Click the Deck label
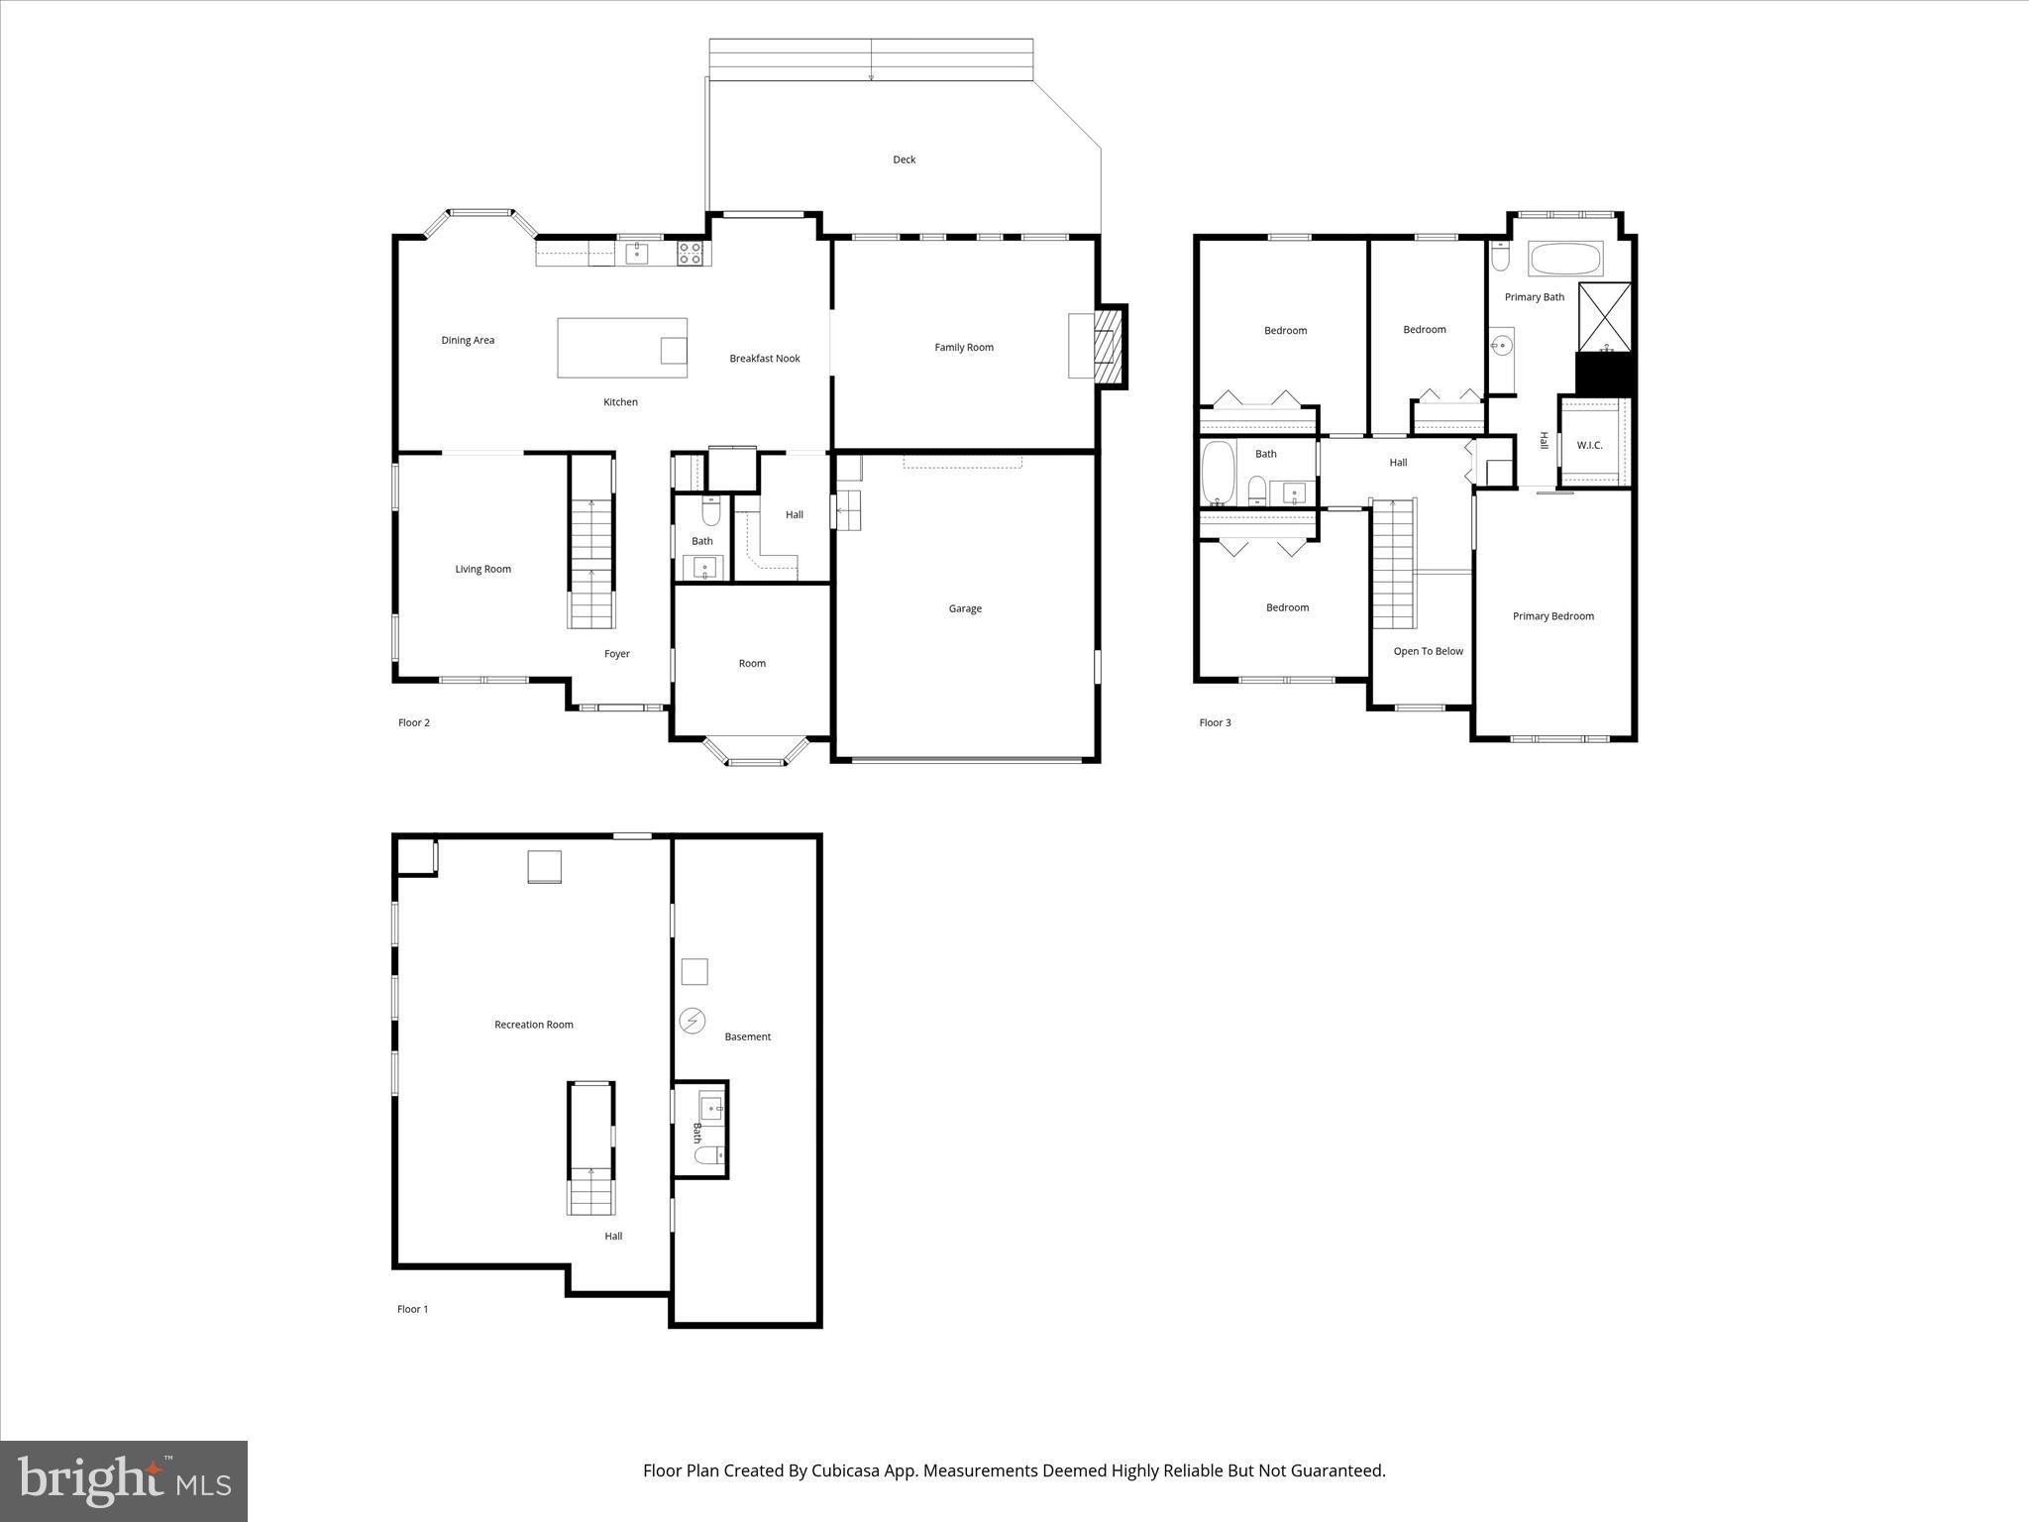coord(904,160)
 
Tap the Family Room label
coord(963,348)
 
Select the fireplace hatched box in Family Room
coord(1109,347)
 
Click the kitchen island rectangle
coord(621,348)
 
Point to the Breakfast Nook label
coord(764,359)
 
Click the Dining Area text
coord(468,341)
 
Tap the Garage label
coord(964,609)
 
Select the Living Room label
coord(482,570)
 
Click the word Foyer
coord(616,654)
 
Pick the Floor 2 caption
coord(413,723)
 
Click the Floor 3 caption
coord(1215,723)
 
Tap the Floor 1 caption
coord(412,1310)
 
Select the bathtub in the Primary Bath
coord(1565,260)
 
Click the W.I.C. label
coord(1589,446)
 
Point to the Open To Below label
coord(1428,652)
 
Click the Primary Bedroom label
coord(1552,616)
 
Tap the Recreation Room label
coord(533,1026)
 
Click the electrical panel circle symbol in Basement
coord(692,1021)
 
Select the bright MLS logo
coord(124,1480)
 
